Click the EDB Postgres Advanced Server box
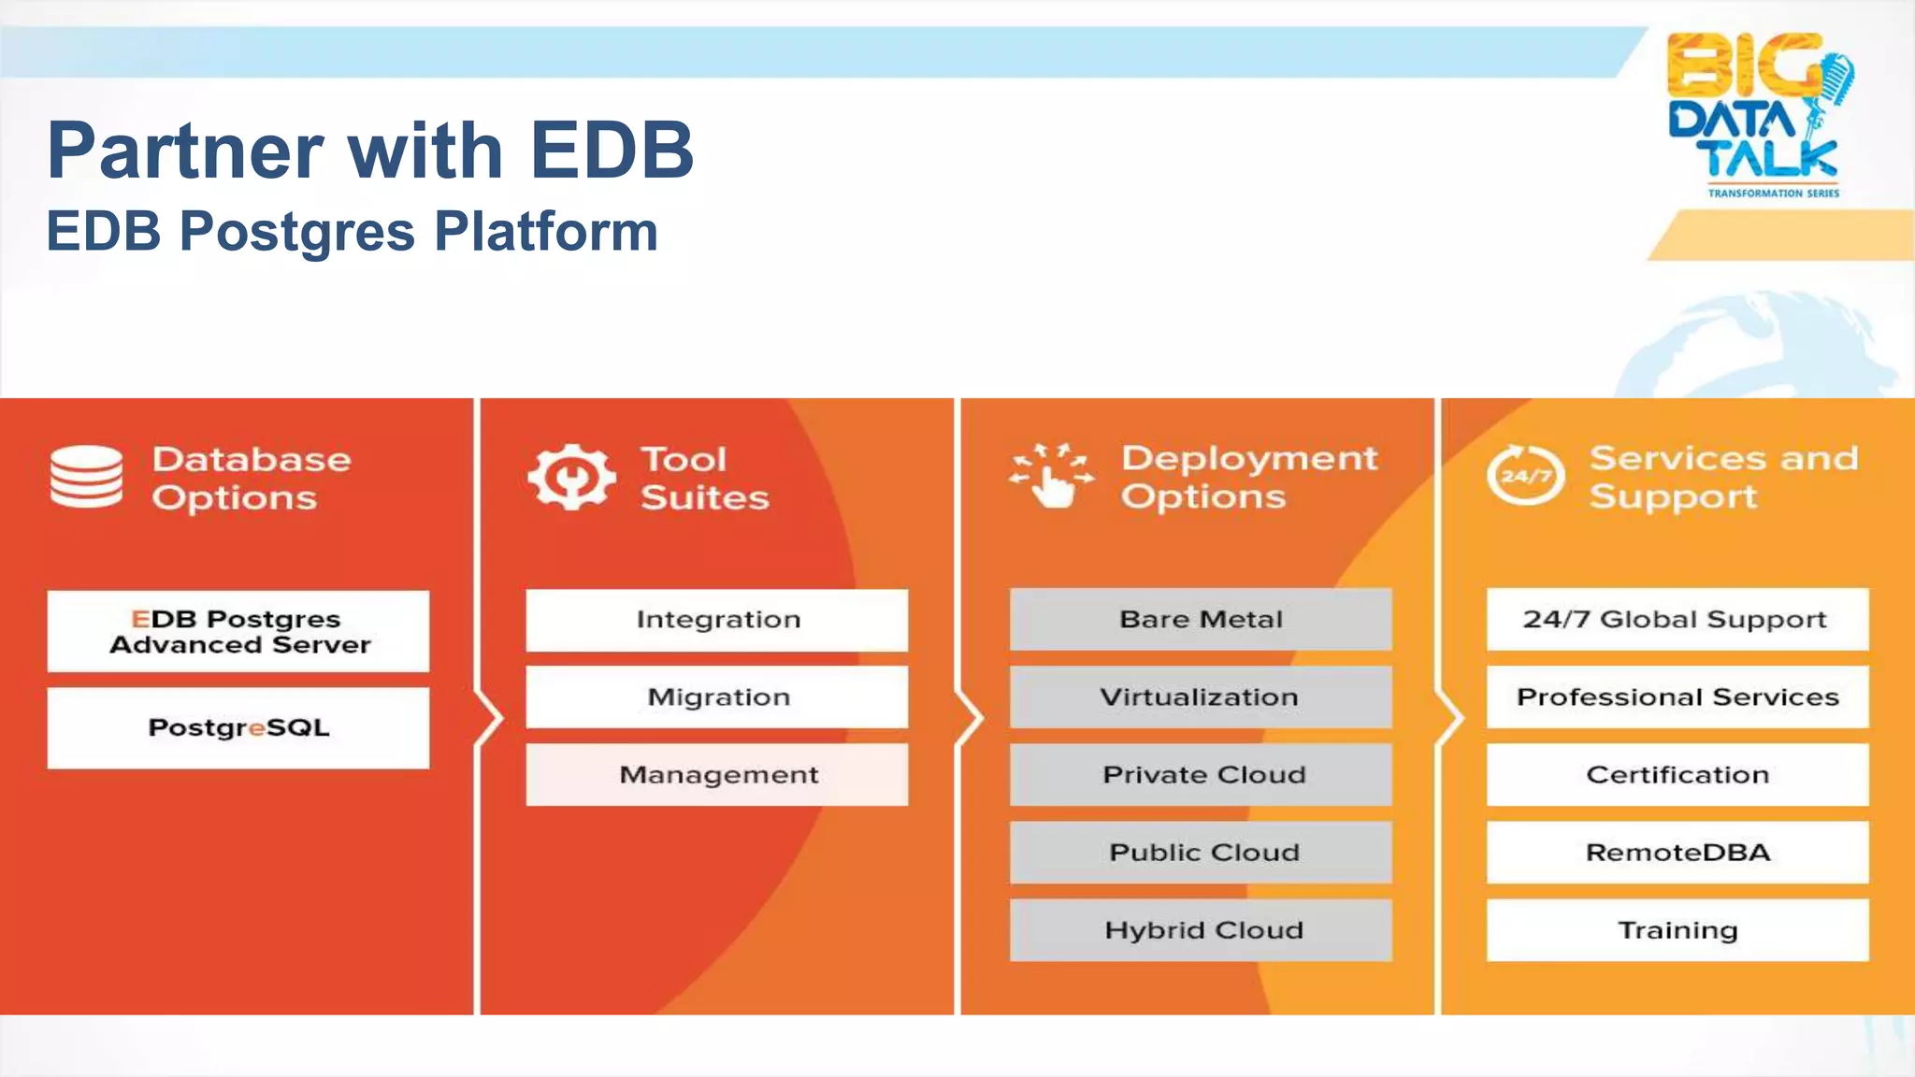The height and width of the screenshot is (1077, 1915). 238,631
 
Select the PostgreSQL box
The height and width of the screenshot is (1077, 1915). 238,728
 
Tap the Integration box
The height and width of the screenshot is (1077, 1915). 717,620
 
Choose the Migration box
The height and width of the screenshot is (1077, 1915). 717,697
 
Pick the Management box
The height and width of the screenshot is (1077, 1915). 717,775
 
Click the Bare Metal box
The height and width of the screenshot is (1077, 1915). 1201,620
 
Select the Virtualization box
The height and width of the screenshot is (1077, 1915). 1201,697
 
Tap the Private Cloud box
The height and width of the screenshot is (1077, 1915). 1201,775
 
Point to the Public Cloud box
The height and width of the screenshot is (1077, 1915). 1201,853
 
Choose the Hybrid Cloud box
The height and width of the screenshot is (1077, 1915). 1201,930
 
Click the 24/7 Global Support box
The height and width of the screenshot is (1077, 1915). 1677,620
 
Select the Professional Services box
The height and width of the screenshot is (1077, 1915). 1677,697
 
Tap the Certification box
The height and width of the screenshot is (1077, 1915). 1677,775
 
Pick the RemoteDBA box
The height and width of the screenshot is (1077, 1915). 1677,853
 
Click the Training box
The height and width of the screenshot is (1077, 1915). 1677,930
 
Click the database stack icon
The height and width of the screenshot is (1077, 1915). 86,477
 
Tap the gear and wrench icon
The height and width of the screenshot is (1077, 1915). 571,477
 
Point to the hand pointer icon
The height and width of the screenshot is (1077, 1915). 1052,476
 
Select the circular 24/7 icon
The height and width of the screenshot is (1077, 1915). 1525,475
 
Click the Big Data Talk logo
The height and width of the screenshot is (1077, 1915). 1758,114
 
